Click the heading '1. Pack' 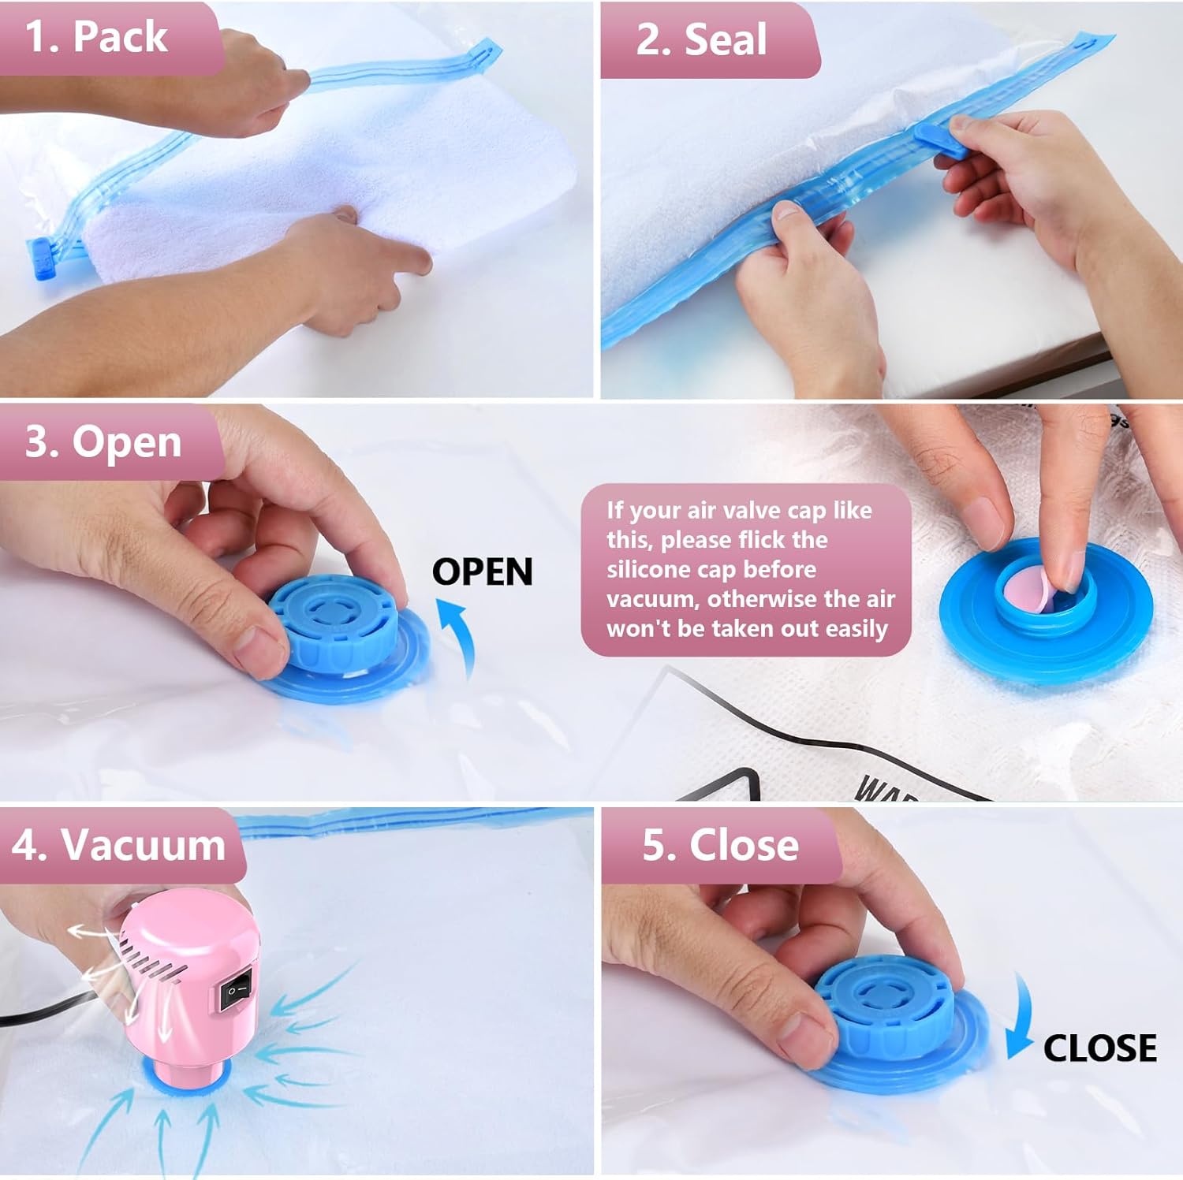(96, 37)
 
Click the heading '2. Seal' (700, 39)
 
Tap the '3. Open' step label (103, 441)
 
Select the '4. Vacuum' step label (118, 845)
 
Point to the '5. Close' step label (719, 845)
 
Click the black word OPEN (482, 572)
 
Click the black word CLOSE (1099, 1048)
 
